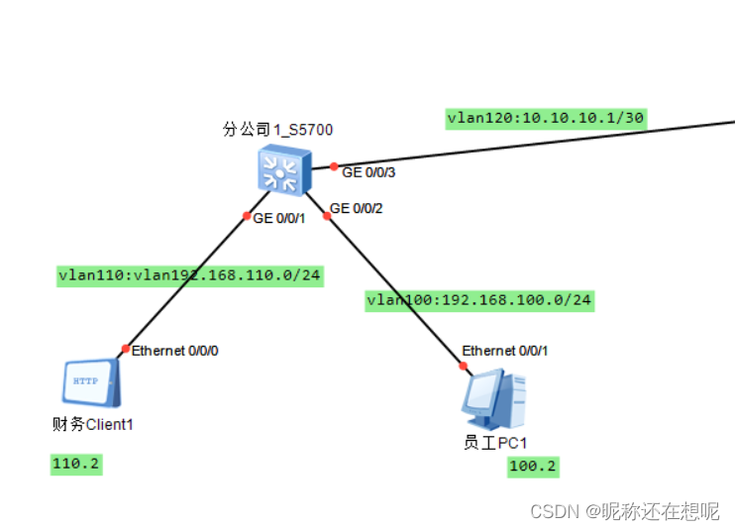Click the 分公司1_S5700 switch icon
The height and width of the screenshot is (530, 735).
coord(283,169)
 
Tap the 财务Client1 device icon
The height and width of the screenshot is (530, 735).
coord(91,381)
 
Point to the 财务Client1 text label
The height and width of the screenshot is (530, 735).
coord(92,425)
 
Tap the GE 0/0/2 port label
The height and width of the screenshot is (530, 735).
coord(356,208)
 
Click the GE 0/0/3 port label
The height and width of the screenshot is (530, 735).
coord(367,172)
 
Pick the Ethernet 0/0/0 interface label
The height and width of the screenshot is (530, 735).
coord(175,350)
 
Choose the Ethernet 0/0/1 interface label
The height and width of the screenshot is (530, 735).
coord(504,351)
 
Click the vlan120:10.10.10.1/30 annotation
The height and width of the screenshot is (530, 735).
coord(546,118)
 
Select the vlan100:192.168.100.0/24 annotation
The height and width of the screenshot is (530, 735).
coord(479,299)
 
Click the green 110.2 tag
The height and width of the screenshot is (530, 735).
coord(76,464)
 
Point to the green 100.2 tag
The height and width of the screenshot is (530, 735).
coord(533,467)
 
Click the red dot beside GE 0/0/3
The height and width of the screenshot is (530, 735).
coord(335,166)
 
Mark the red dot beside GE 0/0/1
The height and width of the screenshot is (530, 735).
coord(247,217)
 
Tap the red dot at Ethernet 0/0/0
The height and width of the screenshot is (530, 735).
coord(125,349)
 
